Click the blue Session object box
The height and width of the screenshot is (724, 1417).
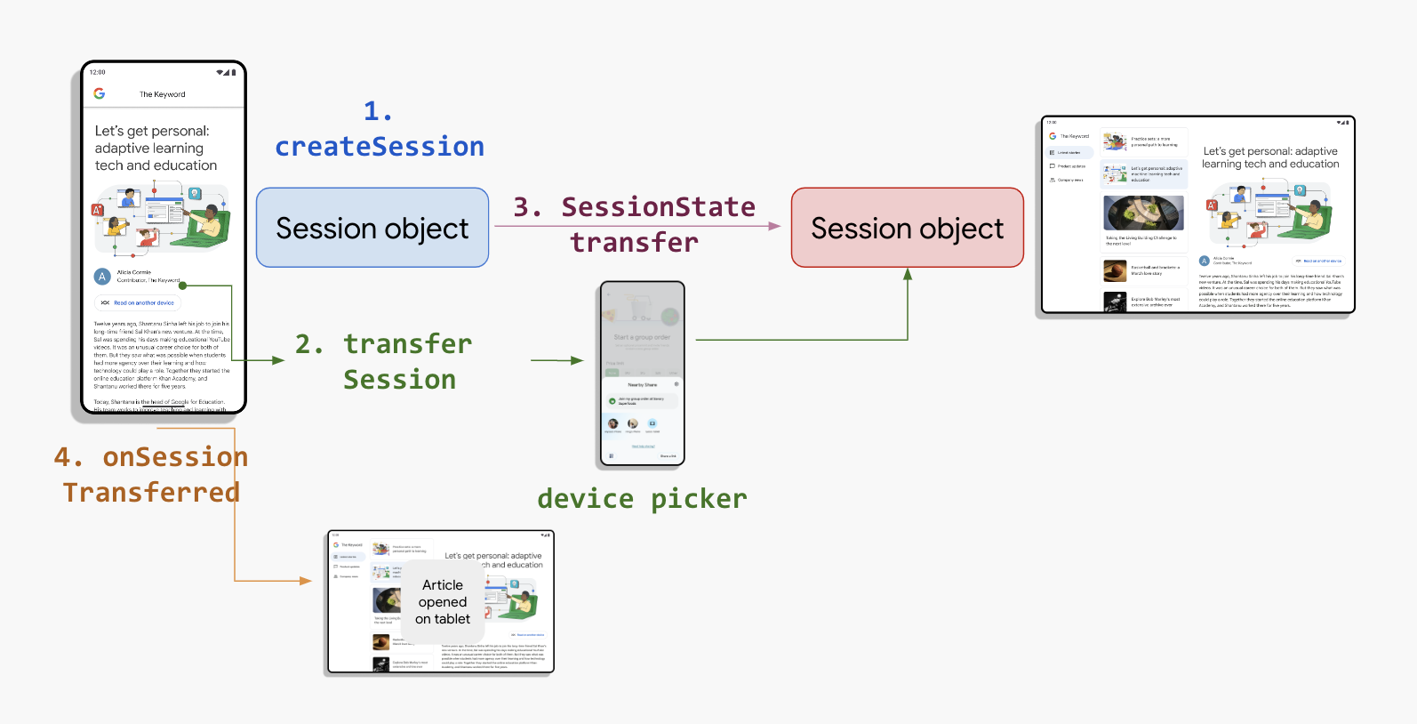[x=372, y=228]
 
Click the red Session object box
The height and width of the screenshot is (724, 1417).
[x=907, y=228]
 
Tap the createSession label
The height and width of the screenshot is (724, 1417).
[x=380, y=146]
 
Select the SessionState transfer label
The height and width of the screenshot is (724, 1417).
[x=635, y=224]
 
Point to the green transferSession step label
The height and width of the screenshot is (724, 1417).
[x=400, y=361]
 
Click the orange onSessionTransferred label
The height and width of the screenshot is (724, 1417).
[x=151, y=474]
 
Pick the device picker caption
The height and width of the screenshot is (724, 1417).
[x=642, y=499]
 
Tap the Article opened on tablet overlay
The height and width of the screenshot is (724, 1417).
[x=443, y=602]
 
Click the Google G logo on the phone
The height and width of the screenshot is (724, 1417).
[x=100, y=93]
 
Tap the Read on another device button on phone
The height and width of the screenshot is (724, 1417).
[x=138, y=303]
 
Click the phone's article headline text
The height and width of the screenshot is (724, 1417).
[x=156, y=148]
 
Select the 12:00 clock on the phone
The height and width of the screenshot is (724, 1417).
[x=98, y=72]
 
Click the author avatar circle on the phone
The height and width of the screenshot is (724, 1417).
[x=102, y=277]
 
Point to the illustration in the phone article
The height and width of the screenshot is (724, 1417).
[x=162, y=216]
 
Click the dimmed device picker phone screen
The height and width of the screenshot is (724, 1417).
[x=642, y=374]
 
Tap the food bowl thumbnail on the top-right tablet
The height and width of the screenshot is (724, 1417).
[x=1143, y=213]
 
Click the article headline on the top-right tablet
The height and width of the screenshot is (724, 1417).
[x=1270, y=157]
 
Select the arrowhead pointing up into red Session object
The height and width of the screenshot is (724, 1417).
[x=908, y=274]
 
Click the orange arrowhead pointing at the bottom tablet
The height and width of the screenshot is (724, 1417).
[x=306, y=581]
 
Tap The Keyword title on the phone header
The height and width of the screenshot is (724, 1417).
[x=163, y=94]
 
